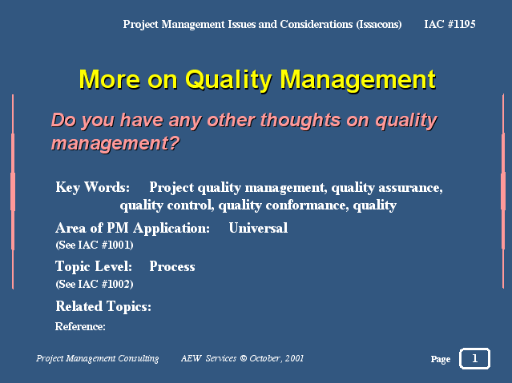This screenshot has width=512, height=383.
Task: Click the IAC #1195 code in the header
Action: click(x=450, y=24)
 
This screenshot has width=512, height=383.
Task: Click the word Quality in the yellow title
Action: click(x=228, y=80)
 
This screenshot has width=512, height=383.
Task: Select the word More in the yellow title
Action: click(x=110, y=79)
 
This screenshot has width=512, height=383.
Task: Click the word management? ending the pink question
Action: click(x=115, y=143)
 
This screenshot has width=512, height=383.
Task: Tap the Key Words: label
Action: click(x=92, y=187)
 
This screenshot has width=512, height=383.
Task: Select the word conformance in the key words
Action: click(x=307, y=205)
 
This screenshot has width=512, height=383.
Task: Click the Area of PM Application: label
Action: click(x=132, y=229)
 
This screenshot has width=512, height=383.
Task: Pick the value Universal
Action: click(x=258, y=228)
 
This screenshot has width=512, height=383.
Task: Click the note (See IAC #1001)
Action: click(x=95, y=245)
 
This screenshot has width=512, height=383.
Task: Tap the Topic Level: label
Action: click(x=94, y=266)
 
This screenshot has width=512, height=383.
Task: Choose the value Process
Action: click(x=172, y=266)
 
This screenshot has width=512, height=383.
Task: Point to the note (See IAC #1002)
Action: click(x=95, y=284)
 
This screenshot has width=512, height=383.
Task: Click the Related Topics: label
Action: click(x=103, y=306)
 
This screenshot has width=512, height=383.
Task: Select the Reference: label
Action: click(x=80, y=326)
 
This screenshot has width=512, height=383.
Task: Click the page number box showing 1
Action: click(x=474, y=358)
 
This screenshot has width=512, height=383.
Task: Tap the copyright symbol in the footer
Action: click(x=244, y=358)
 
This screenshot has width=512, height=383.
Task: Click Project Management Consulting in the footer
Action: click(x=97, y=358)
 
